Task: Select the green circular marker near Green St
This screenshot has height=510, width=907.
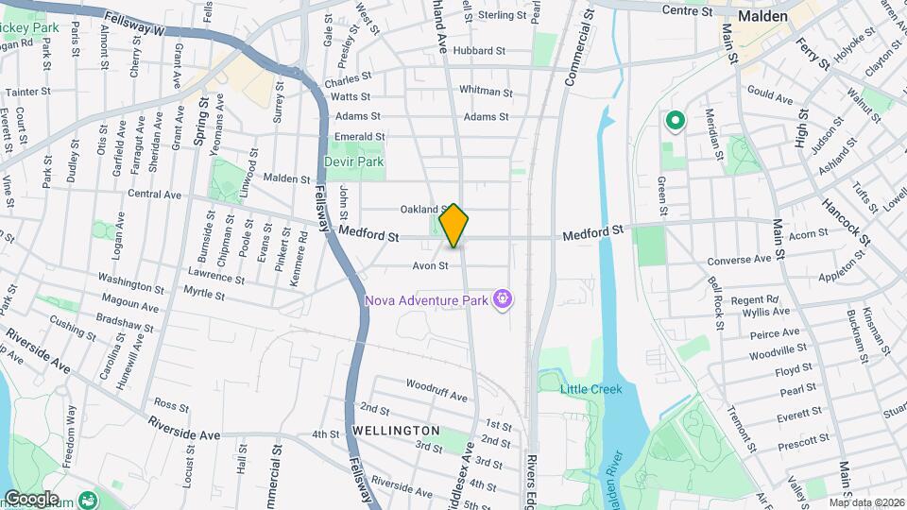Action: (x=676, y=120)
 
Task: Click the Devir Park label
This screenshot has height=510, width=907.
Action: (x=353, y=161)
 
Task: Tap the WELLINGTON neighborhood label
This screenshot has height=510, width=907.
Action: (x=397, y=431)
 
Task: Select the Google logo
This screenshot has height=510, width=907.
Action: (x=31, y=499)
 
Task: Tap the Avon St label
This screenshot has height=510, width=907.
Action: (x=429, y=265)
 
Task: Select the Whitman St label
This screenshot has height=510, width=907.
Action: (x=486, y=92)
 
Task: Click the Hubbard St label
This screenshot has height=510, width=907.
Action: (x=479, y=50)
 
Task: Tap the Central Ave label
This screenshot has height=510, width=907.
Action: (x=154, y=195)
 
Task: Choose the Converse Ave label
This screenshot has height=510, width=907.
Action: (x=740, y=260)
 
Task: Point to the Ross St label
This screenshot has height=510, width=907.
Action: (x=171, y=404)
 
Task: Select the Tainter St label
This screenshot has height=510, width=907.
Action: (x=27, y=93)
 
